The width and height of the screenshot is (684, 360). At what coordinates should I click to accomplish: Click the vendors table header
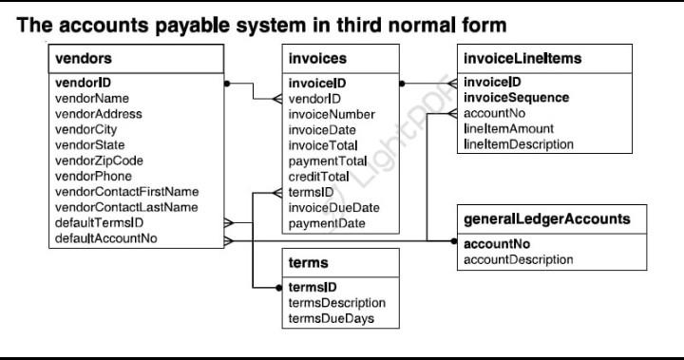84,59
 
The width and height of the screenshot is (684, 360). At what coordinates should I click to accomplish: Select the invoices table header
317,59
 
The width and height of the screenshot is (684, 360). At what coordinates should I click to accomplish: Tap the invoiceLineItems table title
522,59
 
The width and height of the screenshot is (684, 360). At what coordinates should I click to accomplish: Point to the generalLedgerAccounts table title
546,218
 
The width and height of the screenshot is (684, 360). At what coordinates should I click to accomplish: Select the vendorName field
92,98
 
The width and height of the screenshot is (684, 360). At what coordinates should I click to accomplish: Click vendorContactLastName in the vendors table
126,207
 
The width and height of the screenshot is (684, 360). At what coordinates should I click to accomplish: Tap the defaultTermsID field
99,222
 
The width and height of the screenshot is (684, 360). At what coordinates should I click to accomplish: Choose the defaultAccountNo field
106,238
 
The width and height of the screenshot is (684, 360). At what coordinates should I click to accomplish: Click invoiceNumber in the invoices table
332,114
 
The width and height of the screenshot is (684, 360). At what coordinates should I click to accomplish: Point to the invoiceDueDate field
333,207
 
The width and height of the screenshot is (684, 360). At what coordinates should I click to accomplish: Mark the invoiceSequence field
516,98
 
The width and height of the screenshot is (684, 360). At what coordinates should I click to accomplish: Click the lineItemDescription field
518,144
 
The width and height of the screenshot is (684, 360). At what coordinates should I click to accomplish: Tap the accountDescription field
518,259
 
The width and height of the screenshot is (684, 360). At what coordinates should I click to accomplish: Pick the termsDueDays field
331,318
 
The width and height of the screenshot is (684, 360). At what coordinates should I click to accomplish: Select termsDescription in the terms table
336,302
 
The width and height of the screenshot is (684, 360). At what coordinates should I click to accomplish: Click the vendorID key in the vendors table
84,83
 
